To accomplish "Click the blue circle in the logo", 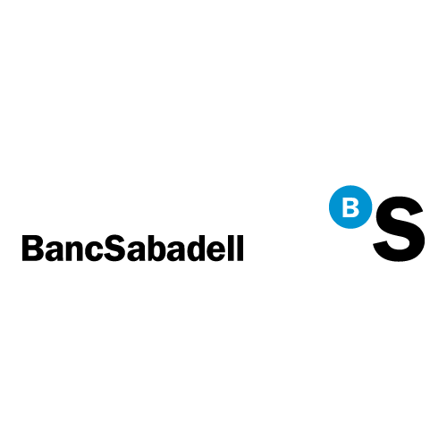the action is pyautogui.click(x=350, y=207).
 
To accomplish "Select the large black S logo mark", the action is pyautogui.click(x=399, y=229).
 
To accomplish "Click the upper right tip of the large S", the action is pyautogui.click(x=423, y=211).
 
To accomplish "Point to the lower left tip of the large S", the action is pyautogui.click(x=374, y=245).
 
